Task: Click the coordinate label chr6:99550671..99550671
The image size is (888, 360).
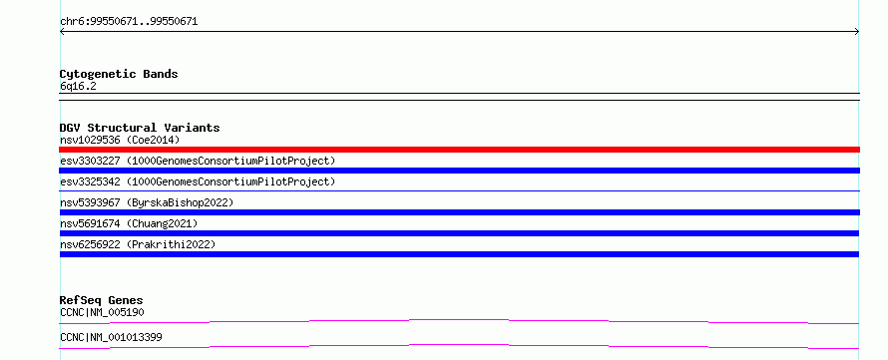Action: (129, 22)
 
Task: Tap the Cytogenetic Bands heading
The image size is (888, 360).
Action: (119, 74)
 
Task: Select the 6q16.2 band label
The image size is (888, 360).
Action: (78, 86)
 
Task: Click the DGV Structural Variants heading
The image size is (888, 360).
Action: (140, 128)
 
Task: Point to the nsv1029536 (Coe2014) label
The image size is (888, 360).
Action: (120, 140)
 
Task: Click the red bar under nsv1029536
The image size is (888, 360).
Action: (459, 150)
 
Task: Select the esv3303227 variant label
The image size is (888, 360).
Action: (198, 161)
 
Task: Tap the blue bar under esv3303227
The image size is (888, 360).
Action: (459, 171)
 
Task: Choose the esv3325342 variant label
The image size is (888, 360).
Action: (198, 181)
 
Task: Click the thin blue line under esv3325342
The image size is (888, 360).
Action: (459, 191)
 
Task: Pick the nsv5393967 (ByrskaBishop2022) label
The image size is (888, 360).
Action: (147, 202)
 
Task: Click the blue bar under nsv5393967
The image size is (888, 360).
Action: (459, 212)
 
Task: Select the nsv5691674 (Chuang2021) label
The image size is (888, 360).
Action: (129, 223)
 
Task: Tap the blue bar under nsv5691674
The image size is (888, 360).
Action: (459, 233)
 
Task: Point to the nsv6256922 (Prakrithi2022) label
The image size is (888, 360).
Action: (138, 244)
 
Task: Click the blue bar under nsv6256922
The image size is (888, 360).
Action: (459, 254)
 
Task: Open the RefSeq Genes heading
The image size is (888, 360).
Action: (102, 300)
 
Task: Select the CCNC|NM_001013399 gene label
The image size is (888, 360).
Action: (111, 337)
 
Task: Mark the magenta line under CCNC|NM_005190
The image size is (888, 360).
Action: (459, 320)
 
